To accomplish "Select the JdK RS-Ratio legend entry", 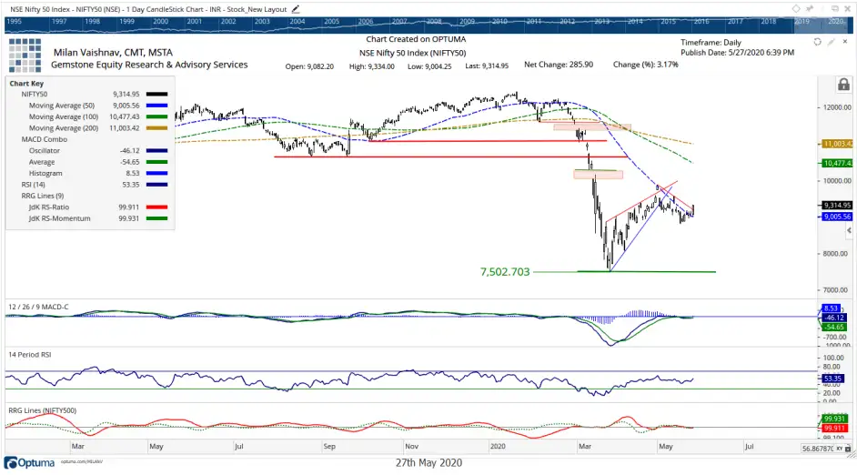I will pos(52,208).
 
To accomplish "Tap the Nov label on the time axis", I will pos(411,447).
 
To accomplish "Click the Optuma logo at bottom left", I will pos(28,462).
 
